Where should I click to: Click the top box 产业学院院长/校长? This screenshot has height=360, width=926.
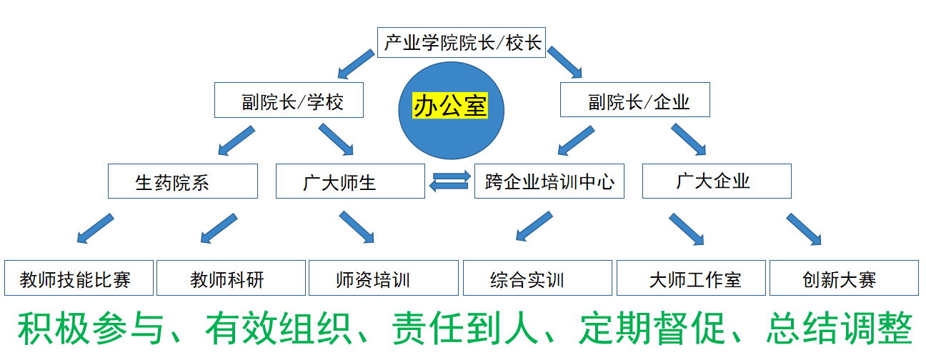(462, 43)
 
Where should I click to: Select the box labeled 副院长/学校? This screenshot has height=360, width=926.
(289, 101)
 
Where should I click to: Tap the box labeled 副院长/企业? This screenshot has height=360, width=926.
(634, 101)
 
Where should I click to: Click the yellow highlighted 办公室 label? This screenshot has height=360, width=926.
(450, 106)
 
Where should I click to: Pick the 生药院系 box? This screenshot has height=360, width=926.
(182, 181)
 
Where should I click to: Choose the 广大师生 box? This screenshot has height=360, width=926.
(350, 181)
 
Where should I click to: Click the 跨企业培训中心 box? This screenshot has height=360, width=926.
(549, 181)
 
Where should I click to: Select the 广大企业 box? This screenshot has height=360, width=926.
(717, 181)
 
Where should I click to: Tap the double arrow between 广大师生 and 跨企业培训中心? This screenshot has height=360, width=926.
(449, 179)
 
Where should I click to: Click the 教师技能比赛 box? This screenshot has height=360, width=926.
(79, 278)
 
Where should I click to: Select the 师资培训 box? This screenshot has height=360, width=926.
(383, 278)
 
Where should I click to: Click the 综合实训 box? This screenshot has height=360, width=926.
(537, 278)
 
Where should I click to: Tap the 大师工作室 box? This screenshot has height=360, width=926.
(691, 278)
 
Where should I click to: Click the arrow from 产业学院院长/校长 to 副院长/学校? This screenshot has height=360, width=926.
(356, 64)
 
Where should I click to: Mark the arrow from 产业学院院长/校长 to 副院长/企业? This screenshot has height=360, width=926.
(564, 62)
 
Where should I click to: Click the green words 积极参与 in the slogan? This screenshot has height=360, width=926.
(92, 329)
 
